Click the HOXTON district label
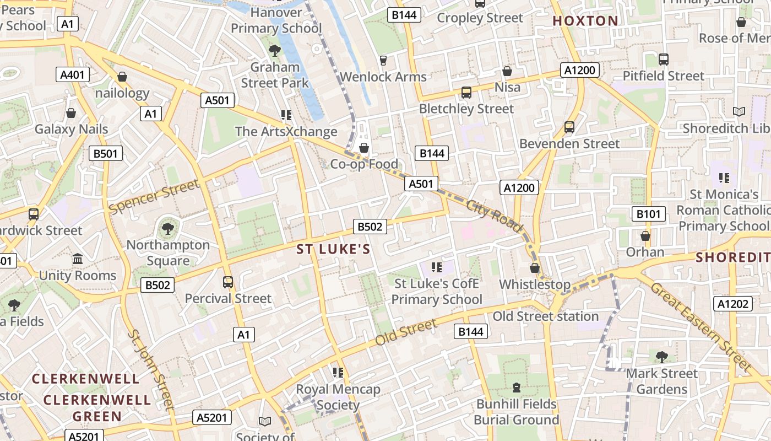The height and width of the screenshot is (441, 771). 585,21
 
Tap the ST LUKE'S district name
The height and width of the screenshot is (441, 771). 334,249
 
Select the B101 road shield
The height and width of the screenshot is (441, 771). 649,214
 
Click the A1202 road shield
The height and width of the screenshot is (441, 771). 733,303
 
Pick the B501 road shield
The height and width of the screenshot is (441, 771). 106,153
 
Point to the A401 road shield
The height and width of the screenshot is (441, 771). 73,74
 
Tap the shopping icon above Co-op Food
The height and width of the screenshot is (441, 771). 363,148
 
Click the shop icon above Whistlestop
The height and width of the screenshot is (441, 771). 534,268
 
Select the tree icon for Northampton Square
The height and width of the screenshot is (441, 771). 168,228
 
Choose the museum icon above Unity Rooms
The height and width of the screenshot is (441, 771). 78,259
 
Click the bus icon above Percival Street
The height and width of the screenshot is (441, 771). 228,282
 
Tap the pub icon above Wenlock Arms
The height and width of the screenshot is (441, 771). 383,60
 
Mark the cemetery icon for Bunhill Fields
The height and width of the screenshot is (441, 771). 516,388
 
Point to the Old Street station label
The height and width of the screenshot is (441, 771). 545,316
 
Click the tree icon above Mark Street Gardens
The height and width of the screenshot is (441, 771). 661,357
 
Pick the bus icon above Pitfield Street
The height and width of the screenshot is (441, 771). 664,59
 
